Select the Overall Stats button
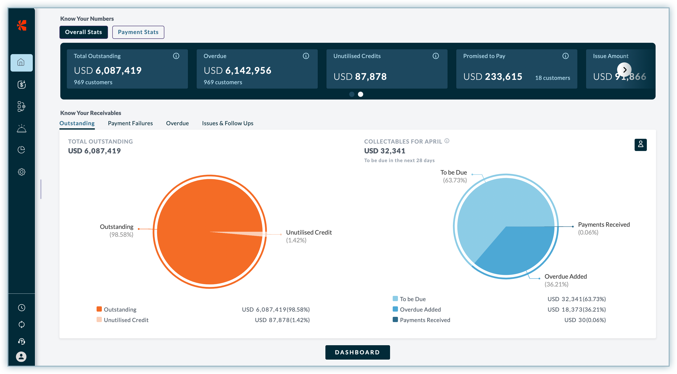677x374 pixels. (83, 32)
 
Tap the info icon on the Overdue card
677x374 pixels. (306, 56)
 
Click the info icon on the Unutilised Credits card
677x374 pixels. (436, 56)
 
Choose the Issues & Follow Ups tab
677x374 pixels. (227, 123)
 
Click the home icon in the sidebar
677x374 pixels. (21, 62)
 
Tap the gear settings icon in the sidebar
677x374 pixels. (21, 172)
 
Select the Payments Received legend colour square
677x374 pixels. (395, 319)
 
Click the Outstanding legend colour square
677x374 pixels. (99, 309)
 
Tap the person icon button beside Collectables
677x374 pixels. (640, 145)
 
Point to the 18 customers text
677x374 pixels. (552, 78)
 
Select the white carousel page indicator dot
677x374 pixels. (360, 94)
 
